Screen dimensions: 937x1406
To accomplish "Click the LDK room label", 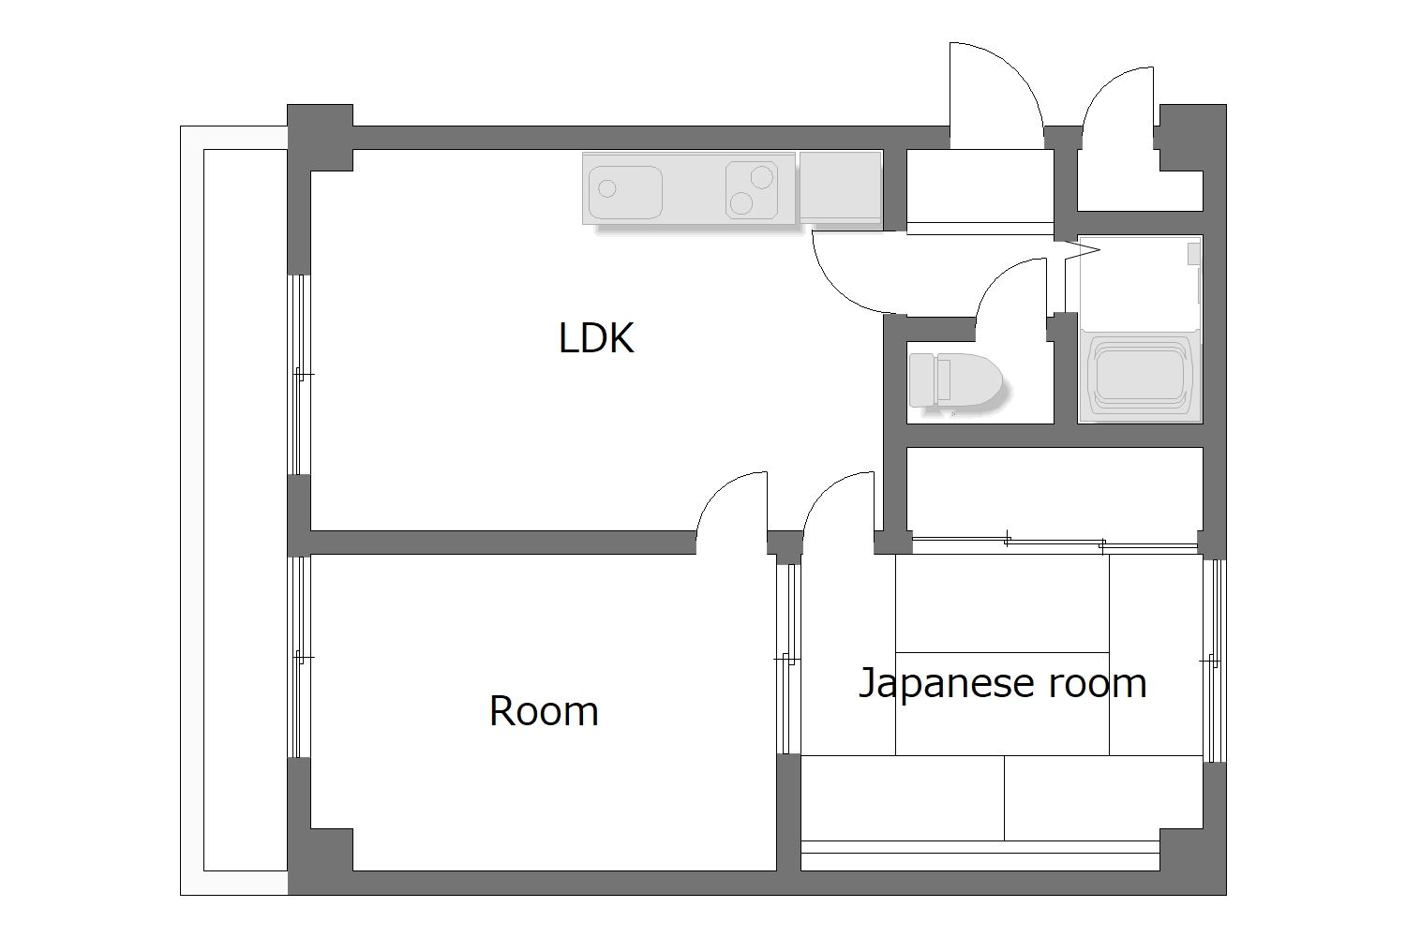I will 596,338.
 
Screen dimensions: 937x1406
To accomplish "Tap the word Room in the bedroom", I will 544,711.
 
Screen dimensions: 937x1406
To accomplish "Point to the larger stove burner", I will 761,175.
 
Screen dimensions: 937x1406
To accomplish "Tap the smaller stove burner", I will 740,202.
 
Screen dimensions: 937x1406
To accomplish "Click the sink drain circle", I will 607,189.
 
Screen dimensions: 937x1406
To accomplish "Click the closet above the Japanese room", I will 1054,492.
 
